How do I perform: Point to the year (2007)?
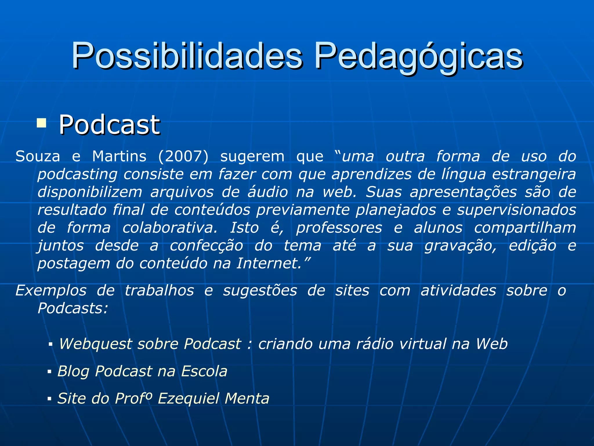(x=183, y=157)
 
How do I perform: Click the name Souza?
(x=38, y=157)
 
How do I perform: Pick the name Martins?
(x=119, y=157)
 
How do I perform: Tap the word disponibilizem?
(x=90, y=192)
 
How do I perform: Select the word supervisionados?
(x=517, y=210)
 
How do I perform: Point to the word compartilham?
(x=525, y=228)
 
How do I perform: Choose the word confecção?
(x=206, y=246)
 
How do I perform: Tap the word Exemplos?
(x=51, y=290)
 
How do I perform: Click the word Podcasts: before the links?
(x=73, y=308)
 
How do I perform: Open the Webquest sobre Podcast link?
(x=283, y=344)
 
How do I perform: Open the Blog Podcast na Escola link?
(x=142, y=371)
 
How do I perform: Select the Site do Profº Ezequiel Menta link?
(x=163, y=398)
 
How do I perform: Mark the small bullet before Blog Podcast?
(x=49, y=372)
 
